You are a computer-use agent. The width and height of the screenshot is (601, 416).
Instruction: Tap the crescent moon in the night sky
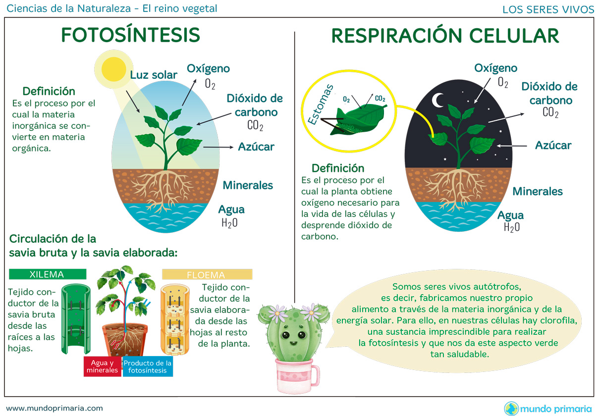(437, 101)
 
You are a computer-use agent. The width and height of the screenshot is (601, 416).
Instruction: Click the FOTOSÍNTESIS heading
(130, 35)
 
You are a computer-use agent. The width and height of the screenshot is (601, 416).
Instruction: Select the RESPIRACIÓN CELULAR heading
(445, 36)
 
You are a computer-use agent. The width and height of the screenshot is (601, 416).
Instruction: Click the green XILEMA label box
(47, 274)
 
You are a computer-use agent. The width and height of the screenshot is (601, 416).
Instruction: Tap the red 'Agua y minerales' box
(102, 366)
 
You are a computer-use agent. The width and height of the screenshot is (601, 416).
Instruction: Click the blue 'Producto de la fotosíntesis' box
(148, 366)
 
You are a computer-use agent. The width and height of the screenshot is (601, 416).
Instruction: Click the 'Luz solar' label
(154, 75)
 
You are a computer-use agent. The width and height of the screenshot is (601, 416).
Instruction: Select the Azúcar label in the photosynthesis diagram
(256, 147)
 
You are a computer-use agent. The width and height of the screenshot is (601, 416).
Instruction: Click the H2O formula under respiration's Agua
(512, 227)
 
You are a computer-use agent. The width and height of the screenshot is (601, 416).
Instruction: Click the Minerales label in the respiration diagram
(538, 191)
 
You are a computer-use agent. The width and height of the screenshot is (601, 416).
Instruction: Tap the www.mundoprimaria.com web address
(55, 408)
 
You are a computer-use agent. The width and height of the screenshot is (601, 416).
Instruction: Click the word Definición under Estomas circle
(338, 168)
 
